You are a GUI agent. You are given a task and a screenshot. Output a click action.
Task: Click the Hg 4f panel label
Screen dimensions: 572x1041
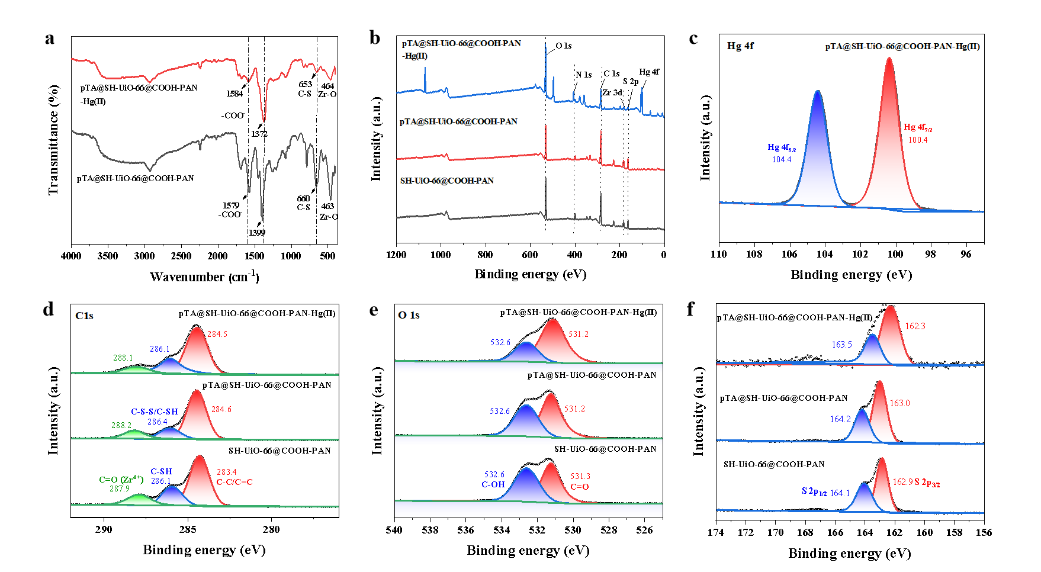click(x=740, y=46)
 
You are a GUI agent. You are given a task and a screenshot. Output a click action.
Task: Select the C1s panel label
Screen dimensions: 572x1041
click(x=84, y=316)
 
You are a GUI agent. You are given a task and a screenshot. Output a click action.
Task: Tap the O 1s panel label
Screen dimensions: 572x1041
click(x=409, y=315)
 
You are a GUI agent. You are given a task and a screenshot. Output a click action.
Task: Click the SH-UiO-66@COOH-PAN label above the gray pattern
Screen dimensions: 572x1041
click(x=447, y=181)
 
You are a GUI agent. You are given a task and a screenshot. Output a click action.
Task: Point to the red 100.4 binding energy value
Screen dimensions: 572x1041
click(x=918, y=140)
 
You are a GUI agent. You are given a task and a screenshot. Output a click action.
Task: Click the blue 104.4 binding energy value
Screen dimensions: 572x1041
click(x=782, y=159)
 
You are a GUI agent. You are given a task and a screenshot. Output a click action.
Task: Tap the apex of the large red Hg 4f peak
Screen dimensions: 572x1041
click(x=889, y=58)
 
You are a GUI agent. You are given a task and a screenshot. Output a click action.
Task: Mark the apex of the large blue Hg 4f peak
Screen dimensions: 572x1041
click(x=818, y=92)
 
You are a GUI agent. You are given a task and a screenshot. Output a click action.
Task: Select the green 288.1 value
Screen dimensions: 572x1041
click(x=123, y=358)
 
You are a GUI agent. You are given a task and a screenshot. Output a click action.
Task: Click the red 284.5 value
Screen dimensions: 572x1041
click(x=217, y=335)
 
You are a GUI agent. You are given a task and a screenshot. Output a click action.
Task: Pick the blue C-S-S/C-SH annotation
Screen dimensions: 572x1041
click(x=155, y=412)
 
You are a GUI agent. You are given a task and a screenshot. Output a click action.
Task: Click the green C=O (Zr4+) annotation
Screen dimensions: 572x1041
click(x=121, y=480)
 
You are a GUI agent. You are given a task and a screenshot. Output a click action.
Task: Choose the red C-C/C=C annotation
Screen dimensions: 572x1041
click(x=234, y=482)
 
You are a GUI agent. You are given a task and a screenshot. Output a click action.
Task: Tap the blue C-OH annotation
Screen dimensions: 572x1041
click(x=493, y=484)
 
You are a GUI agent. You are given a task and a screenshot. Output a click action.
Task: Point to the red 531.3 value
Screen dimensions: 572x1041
click(x=580, y=477)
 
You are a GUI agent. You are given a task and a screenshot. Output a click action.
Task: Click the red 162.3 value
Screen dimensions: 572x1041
click(x=915, y=326)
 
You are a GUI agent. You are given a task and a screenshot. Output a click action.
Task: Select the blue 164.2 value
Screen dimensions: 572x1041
click(x=840, y=419)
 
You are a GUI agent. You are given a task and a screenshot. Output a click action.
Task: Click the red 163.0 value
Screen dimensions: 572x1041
click(x=899, y=403)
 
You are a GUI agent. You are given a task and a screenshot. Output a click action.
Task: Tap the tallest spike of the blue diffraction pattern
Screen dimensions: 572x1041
click(x=545, y=44)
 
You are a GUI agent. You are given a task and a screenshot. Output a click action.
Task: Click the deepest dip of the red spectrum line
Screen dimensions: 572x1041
click(x=264, y=120)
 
